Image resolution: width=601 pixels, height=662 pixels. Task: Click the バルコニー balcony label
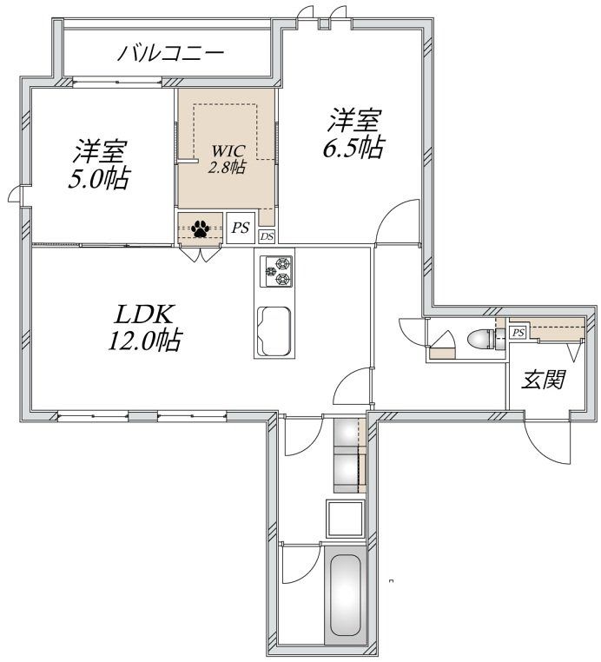click(x=171, y=53)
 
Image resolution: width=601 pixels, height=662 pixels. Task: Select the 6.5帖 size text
click(x=352, y=146)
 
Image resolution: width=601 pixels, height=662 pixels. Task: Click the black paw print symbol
click(x=201, y=228)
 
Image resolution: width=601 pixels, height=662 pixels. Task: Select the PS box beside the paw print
click(x=241, y=228)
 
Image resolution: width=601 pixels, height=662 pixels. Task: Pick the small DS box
click(x=267, y=236)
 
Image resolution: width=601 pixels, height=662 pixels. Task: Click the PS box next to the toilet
click(x=518, y=332)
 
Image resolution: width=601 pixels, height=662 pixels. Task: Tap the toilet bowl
click(x=479, y=339)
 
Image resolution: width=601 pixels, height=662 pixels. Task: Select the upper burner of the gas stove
click(x=282, y=263)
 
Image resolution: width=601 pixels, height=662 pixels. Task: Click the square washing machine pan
click(x=344, y=519)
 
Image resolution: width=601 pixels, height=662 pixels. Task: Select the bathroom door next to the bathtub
click(x=300, y=565)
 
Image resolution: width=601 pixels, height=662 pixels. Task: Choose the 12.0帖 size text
click(x=143, y=341)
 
